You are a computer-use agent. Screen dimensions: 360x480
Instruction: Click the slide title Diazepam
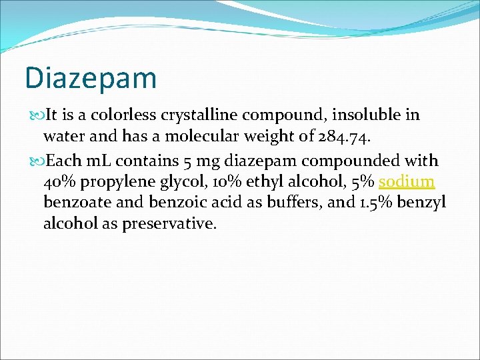91,77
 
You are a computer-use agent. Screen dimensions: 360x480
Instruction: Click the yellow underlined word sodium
407,181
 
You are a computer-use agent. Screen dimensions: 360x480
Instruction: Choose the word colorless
123,115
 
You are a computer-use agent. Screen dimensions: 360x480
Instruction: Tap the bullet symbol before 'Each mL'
35,161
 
